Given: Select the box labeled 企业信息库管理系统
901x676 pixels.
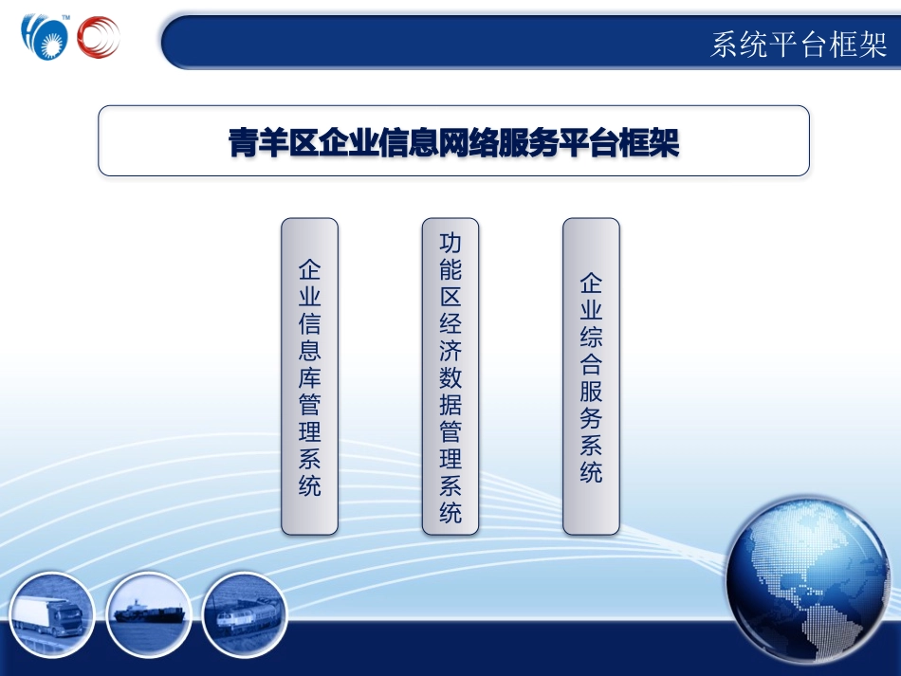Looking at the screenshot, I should click(x=309, y=375).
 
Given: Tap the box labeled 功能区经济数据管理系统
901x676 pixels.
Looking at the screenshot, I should click(x=450, y=375).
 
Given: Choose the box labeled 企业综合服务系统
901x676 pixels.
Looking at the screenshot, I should click(x=591, y=375).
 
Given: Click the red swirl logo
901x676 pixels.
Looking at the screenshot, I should click(x=100, y=39).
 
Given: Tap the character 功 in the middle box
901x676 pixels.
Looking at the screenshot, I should click(x=450, y=243).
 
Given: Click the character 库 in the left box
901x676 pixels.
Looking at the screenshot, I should click(x=309, y=376).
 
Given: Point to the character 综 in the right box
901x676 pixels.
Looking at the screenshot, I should click(x=591, y=338).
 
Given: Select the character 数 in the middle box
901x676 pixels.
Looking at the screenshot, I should click(x=450, y=378).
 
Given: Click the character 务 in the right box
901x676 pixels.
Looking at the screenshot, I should click(x=591, y=417).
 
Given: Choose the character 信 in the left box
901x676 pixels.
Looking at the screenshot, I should click(x=309, y=322).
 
